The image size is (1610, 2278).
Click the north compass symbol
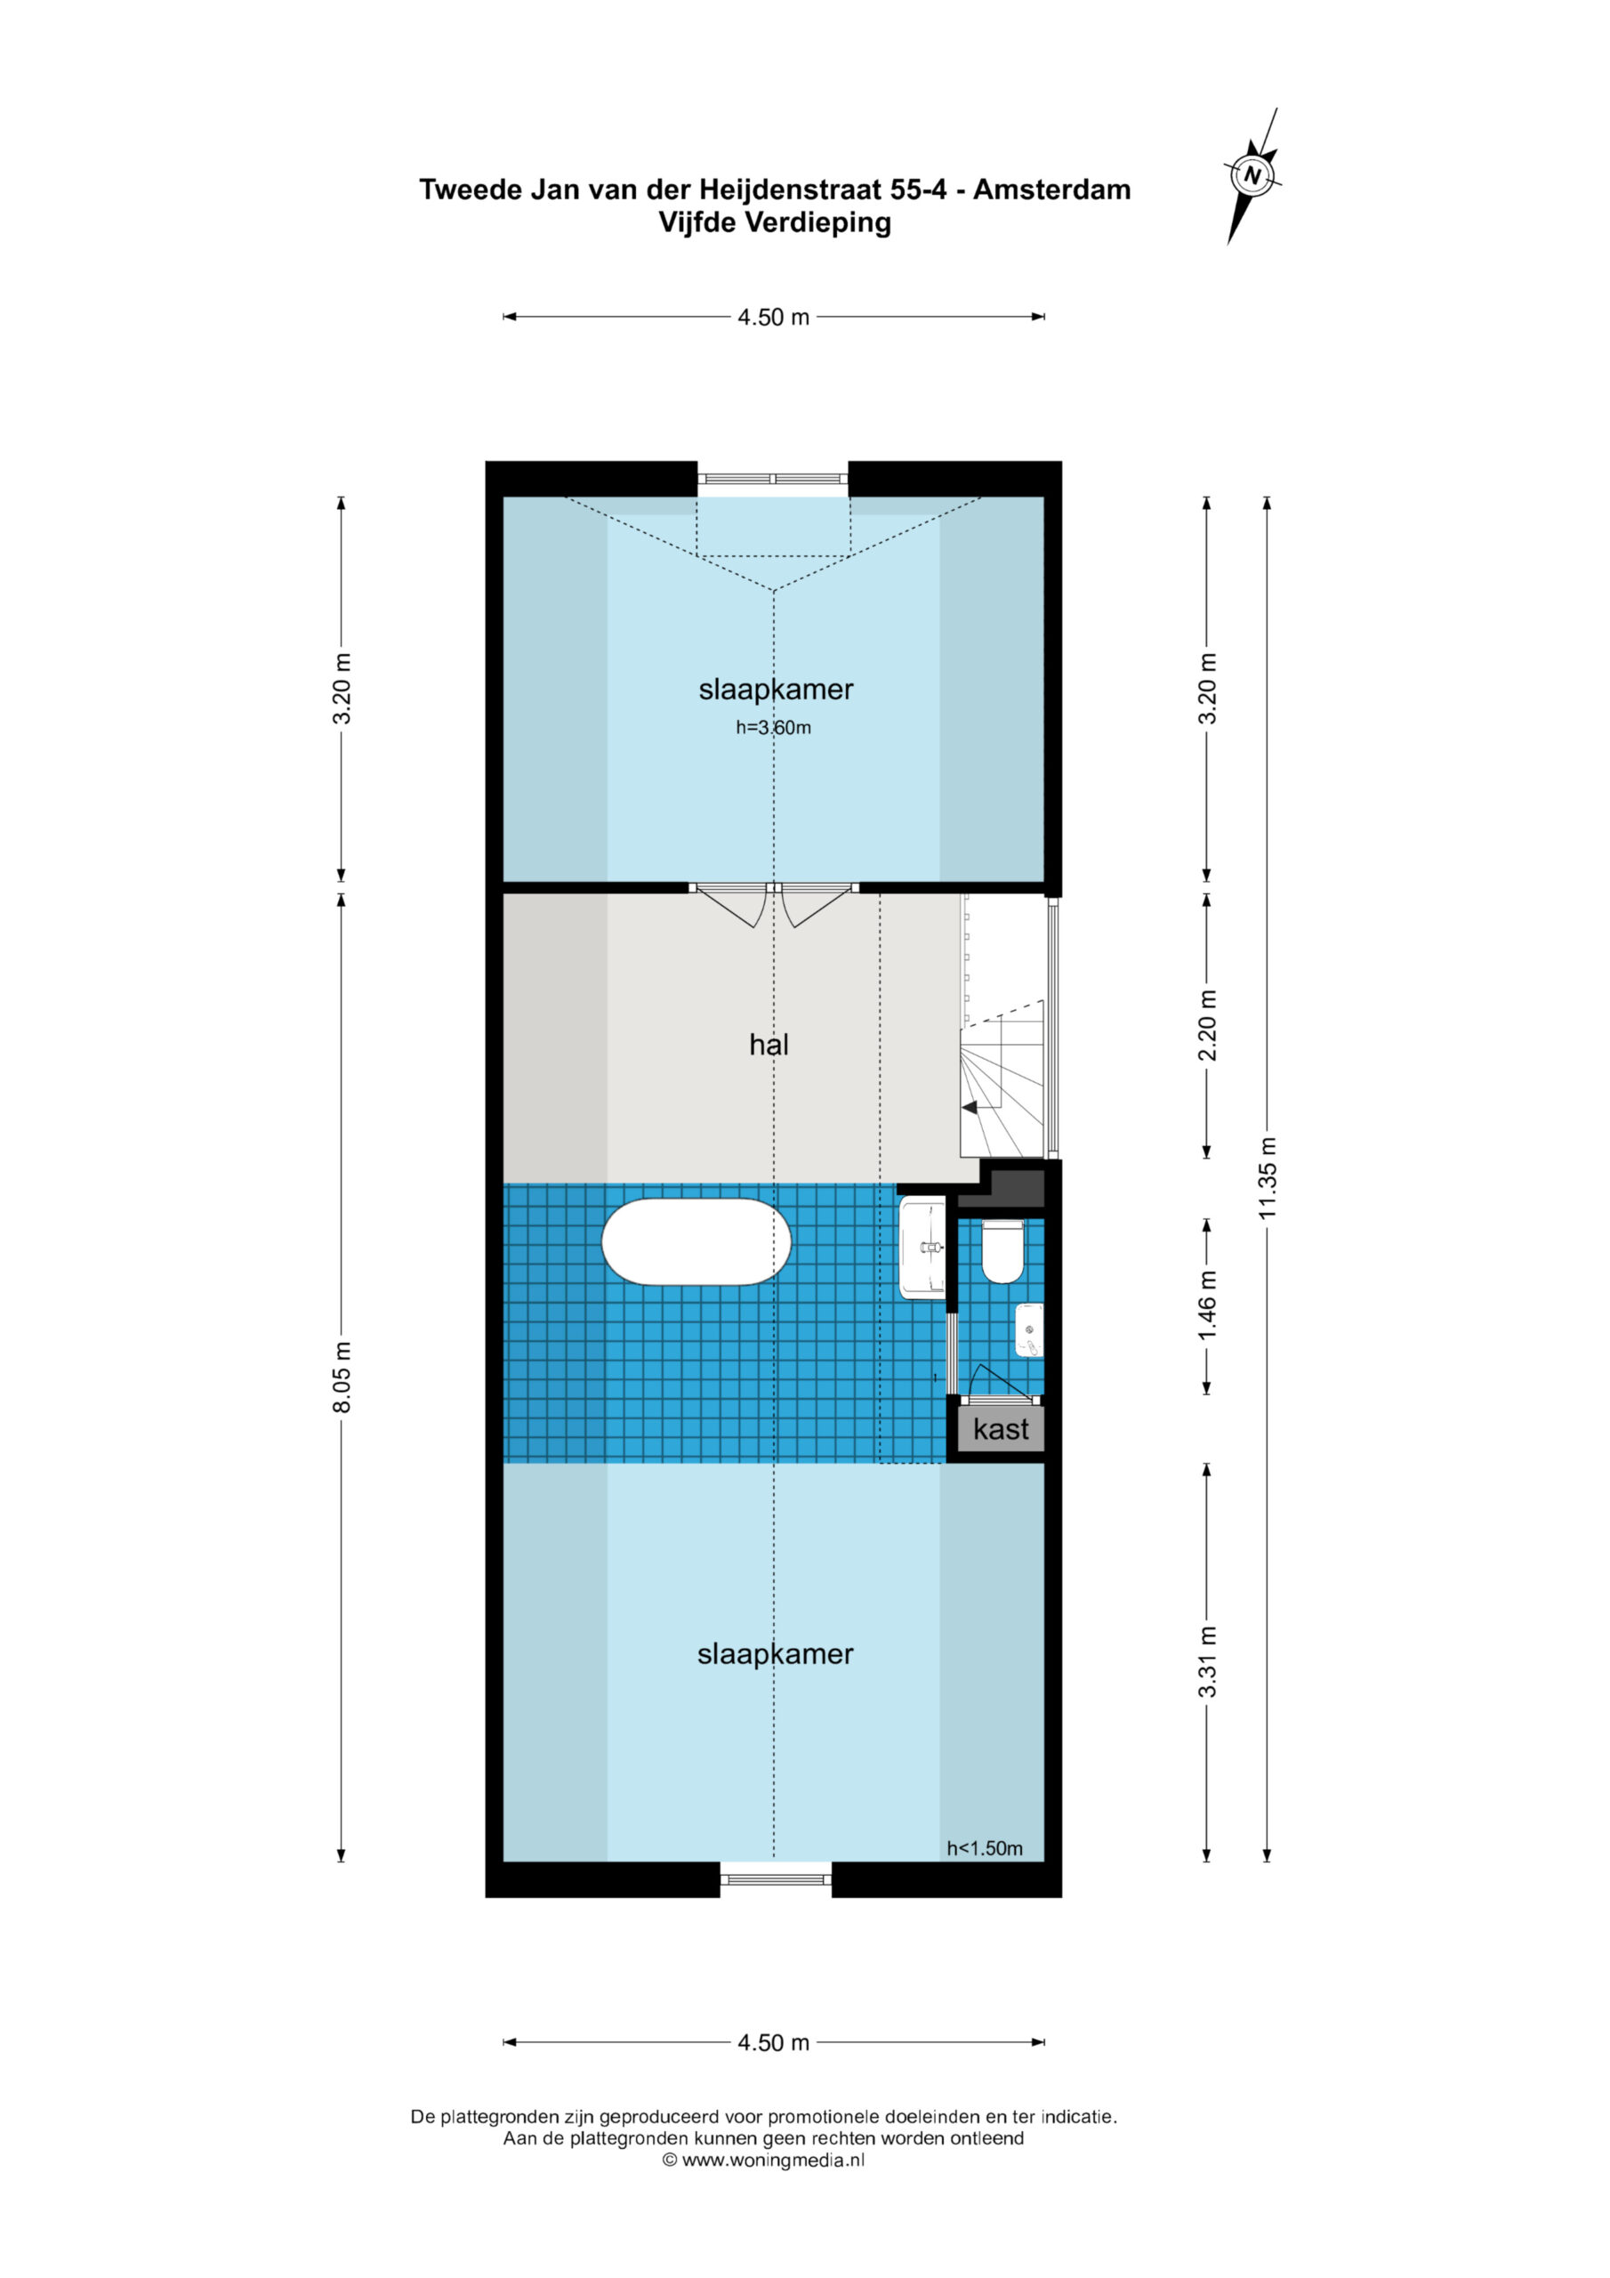[x=1253, y=175]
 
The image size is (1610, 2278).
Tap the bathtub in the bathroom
[x=696, y=1241]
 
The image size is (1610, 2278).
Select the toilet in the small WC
[x=1001, y=1251]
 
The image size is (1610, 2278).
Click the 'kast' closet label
[x=1001, y=1429]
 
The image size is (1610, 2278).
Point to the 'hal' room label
[x=769, y=1044]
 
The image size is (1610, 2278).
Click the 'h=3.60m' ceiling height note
[x=774, y=727]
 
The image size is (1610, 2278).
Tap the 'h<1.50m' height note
[x=984, y=1848]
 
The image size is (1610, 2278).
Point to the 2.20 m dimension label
[x=1207, y=1025]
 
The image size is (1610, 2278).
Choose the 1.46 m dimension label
[x=1207, y=1305]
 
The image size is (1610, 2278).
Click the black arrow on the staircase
[x=970, y=1107]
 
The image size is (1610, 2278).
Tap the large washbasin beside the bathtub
[x=922, y=1248]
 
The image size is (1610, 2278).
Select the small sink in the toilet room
[x=1030, y=1330]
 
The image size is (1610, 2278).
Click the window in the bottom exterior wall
[x=776, y=1878]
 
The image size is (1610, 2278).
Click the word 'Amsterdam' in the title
[x=1051, y=190]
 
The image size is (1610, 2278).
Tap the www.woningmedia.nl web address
[x=774, y=2160]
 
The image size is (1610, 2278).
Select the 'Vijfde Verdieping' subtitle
[x=775, y=222]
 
